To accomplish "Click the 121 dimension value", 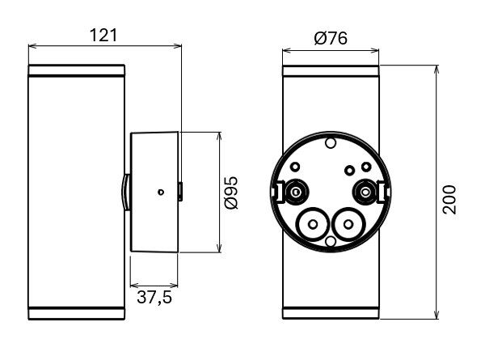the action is (x=103, y=36).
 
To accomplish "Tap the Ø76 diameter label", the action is (x=331, y=38).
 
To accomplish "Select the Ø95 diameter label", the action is (x=231, y=193).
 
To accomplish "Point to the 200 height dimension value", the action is (x=449, y=200).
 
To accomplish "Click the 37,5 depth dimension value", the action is (x=154, y=298).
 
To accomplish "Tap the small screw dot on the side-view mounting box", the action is (x=160, y=193).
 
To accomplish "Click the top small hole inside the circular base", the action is (x=331, y=143).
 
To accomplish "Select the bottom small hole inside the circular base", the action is (x=331, y=241).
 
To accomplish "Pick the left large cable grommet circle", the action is (x=313, y=224).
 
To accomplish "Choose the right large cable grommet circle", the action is (x=348, y=224).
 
